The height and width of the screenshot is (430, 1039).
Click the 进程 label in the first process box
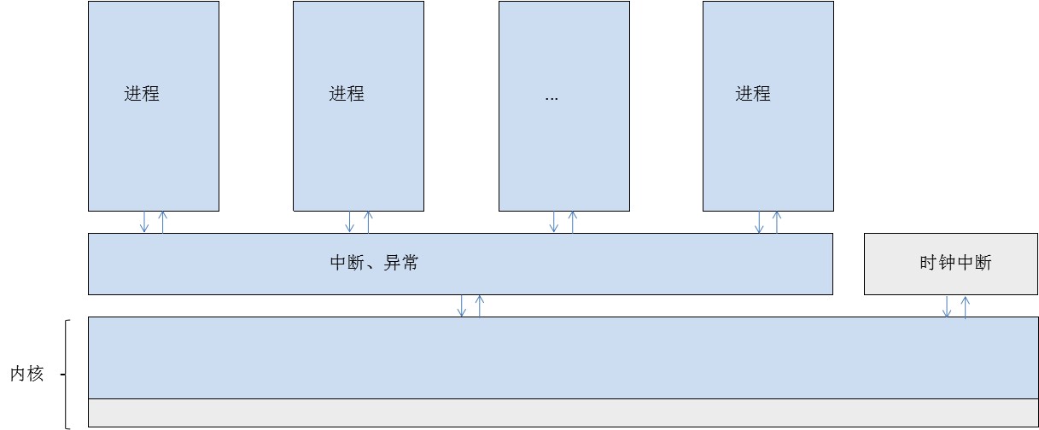[x=142, y=94]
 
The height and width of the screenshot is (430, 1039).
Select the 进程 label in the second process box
[x=347, y=94]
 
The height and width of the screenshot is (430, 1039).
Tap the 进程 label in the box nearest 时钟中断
[x=753, y=94]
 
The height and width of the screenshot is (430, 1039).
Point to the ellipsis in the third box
[x=552, y=99]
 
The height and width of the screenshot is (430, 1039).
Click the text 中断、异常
[x=374, y=263]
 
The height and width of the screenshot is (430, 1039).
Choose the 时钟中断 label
[x=956, y=263]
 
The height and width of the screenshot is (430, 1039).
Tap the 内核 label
[x=27, y=374]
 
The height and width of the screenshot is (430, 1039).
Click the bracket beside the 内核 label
[x=67, y=375]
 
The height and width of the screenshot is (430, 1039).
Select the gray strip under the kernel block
[x=563, y=412]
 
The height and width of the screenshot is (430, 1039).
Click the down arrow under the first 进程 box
[x=144, y=222]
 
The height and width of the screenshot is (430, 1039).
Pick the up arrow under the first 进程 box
[x=163, y=222]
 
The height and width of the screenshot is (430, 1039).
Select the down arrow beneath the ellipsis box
[x=554, y=222]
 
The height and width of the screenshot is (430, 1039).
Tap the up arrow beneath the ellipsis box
[x=572, y=222]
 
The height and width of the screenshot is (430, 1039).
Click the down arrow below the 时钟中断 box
[x=947, y=306]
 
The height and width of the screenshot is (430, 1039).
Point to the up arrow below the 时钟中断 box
[x=966, y=307]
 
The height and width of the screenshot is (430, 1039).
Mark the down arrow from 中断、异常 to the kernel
[x=462, y=305]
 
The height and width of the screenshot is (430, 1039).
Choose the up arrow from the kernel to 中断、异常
[x=480, y=305]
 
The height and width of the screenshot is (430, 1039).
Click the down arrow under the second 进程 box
[x=350, y=222]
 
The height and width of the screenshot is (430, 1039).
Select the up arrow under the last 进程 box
[x=777, y=222]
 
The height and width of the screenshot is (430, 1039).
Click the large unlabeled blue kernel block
[x=563, y=357]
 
